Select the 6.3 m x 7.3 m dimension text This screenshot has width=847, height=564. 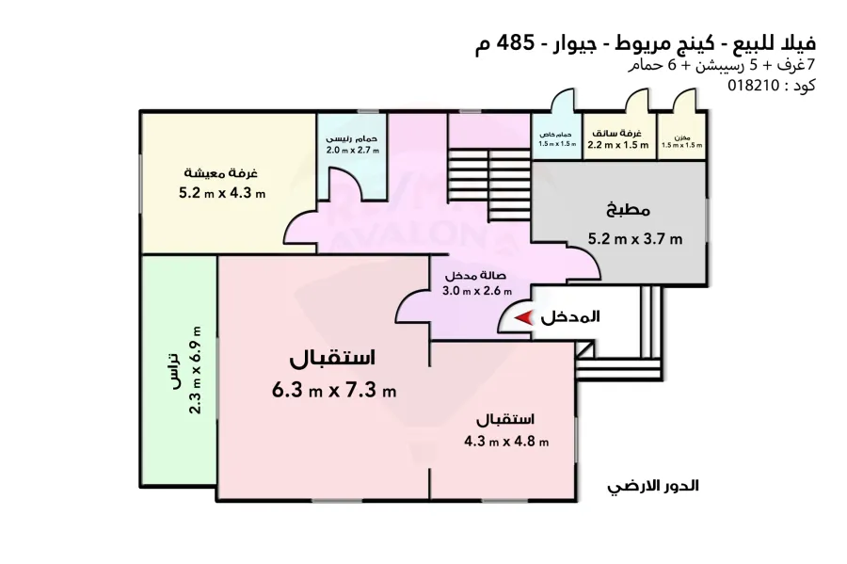(x=333, y=389)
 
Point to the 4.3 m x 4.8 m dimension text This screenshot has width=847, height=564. (x=506, y=442)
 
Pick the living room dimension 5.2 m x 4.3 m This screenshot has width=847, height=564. (x=222, y=194)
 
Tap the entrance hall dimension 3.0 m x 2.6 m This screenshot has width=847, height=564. (x=475, y=291)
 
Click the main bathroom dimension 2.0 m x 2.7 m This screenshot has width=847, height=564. (x=352, y=151)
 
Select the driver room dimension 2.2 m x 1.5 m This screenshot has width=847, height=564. (x=618, y=145)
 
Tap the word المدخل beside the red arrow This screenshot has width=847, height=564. (x=570, y=318)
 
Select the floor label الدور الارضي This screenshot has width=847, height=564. (x=655, y=487)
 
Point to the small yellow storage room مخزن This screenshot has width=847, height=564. (x=681, y=139)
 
